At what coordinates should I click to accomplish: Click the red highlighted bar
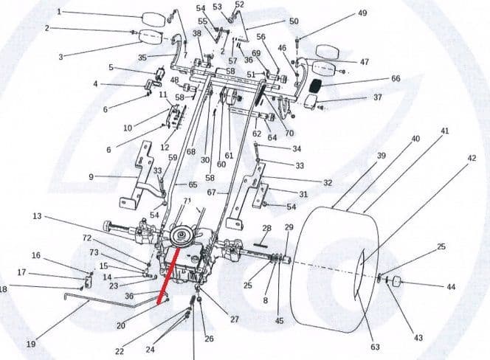click(x=166, y=277)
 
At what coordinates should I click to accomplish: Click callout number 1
click(x=59, y=13)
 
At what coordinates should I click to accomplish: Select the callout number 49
click(x=362, y=13)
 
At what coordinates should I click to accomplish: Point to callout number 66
click(x=396, y=78)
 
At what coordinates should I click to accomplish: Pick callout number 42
click(x=472, y=157)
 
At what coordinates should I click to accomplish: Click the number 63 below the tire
click(x=374, y=346)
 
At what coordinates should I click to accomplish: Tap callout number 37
click(x=377, y=97)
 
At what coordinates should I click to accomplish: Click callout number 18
click(x=3, y=288)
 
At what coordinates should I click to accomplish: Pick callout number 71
click(x=187, y=201)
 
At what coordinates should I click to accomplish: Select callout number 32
click(x=328, y=182)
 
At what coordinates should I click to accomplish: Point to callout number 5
click(x=111, y=68)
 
